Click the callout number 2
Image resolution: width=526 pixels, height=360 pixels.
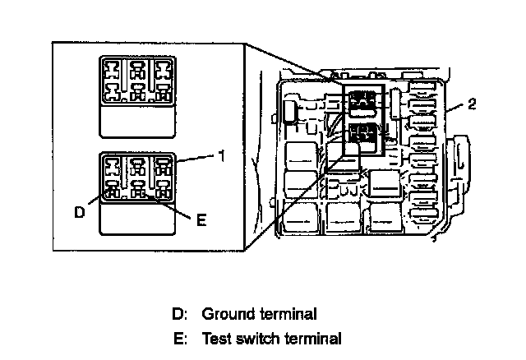471,104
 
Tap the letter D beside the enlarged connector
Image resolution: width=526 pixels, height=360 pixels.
79,212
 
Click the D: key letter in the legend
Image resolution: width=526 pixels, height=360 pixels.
180,313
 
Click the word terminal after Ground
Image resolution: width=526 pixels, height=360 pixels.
288,313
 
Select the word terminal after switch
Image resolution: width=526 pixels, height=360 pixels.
313,338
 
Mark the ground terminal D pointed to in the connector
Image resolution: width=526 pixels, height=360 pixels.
113,195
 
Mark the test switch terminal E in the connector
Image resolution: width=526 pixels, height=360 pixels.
137,194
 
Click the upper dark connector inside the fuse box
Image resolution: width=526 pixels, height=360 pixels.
362,103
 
